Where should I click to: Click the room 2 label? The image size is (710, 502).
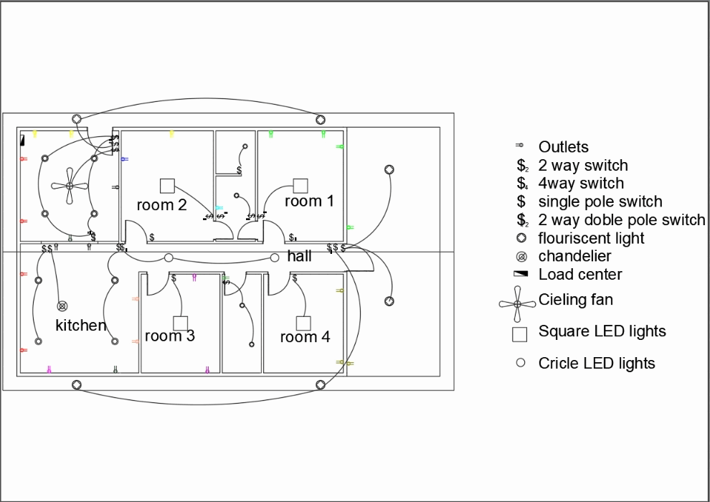[x=161, y=205]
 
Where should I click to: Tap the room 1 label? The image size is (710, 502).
[x=309, y=201]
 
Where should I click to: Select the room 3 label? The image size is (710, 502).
[x=169, y=336]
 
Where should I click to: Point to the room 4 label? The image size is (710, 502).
[x=305, y=337]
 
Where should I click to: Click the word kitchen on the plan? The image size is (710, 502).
[x=80, y=326]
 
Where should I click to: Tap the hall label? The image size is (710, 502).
[x=299, y=256]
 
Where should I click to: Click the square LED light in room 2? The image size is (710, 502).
[x=167, y=186]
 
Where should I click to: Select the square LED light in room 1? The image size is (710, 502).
[x=300, y=186]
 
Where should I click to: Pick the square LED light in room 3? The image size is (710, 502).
[x=180, y=323]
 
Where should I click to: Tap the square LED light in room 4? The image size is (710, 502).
[x=303, y=323]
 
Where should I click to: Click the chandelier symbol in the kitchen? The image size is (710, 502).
[x=62, y=306]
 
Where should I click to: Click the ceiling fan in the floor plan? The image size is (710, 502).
[x=70, y=186]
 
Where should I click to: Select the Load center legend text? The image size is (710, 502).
[x=580, y=274]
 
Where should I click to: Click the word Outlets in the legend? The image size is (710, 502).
[x=563, y=147]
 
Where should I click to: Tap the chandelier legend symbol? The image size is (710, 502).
[x=521, y=257]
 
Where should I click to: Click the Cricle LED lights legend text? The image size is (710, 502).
[x=597, y=363]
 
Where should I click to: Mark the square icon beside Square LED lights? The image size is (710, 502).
[x=519, y=334]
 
